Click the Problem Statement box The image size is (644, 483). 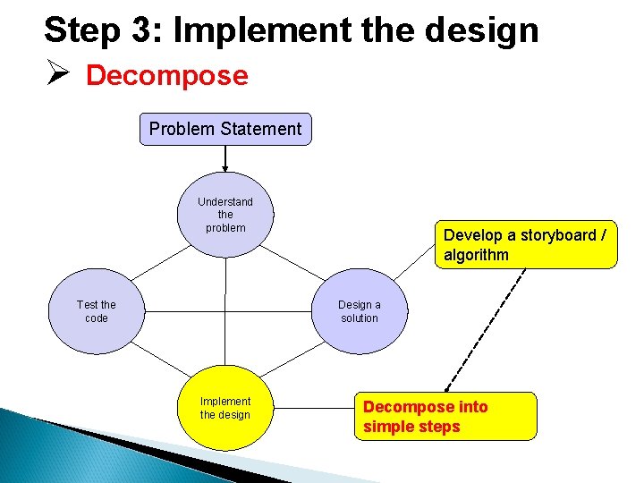[x=225, y=129]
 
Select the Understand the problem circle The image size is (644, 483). [x=225, y=216]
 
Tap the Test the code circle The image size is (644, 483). [x=96, y=311]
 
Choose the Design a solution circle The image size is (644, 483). [x=359, y=311]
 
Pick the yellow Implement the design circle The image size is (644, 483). [x=225, y=408]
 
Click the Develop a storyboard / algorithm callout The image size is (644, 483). [x=525, y=244]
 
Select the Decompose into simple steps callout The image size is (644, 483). [x=447, y=416]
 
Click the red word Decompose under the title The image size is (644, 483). [x=166, y=76]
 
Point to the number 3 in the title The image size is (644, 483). [x=147, y=30]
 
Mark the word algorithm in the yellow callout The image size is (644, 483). [x=476, y=255]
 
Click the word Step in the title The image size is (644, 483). [x=81, y=30]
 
